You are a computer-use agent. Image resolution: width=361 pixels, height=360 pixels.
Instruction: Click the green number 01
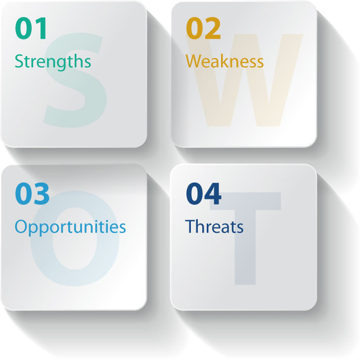tap(31, 28)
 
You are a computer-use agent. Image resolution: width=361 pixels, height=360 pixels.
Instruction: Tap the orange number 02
tap(203, 28)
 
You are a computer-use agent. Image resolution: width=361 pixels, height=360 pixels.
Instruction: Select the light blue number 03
tap(32, 193)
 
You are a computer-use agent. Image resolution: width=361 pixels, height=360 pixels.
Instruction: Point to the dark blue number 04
tap(204, 193)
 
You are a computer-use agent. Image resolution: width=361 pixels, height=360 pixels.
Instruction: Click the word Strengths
tap(53, 62)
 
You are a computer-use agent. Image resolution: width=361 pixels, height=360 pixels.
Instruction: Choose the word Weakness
tap(225, 61)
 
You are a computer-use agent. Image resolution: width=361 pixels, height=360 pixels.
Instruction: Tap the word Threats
tap(214, 226)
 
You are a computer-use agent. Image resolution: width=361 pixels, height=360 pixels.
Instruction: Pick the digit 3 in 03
tap(42, 193)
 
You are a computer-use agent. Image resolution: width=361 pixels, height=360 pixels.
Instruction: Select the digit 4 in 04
tap(213, 193)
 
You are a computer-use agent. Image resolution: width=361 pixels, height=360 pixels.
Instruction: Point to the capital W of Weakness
tap(194, 61)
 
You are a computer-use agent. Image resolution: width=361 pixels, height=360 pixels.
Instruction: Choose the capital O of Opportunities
tap(22, 226)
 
